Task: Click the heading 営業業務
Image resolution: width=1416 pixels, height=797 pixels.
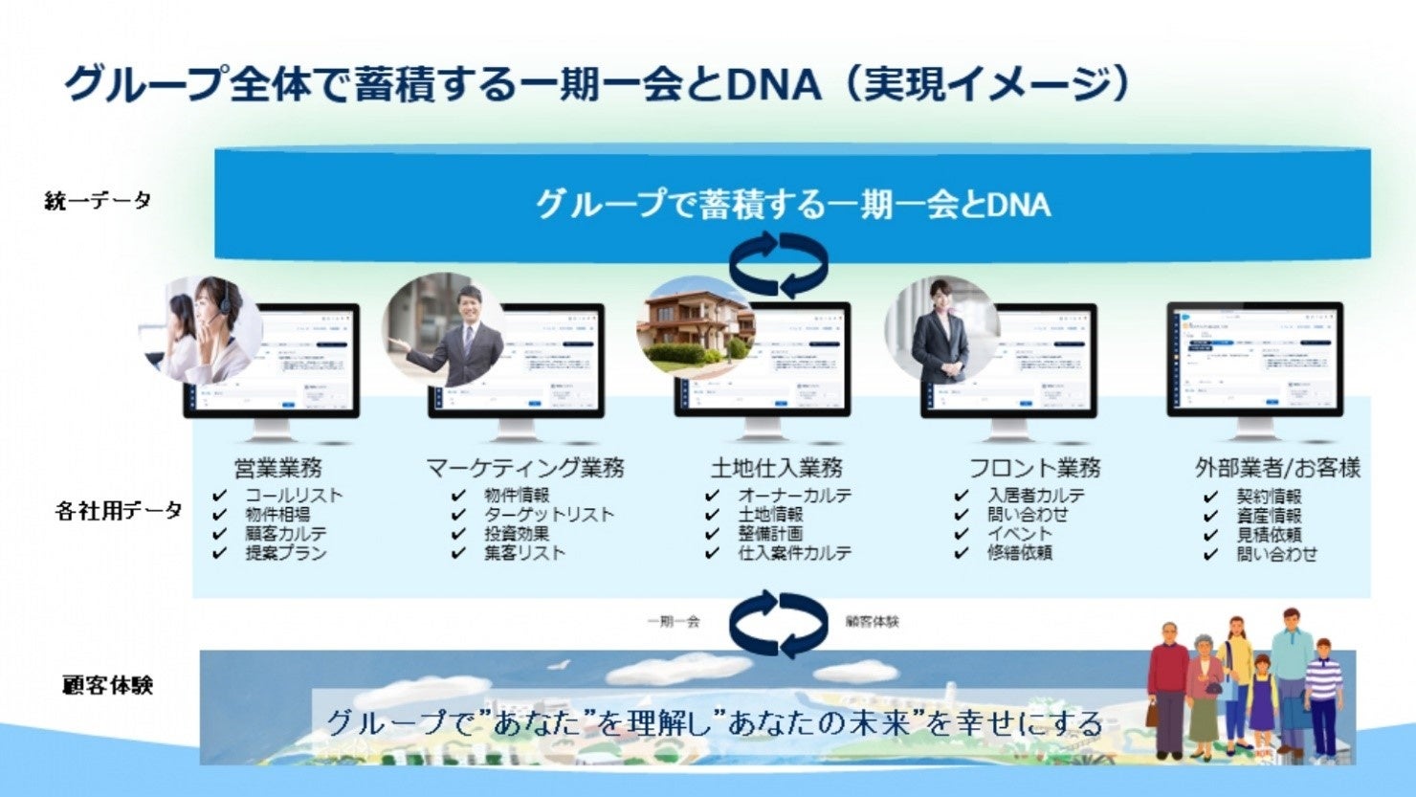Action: pyautogui.click(x=278, y=468)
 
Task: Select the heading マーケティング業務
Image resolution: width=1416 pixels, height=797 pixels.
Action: pyautogui.click(x=524, y=468)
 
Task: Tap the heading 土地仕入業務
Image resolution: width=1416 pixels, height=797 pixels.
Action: pyautogui.click(x=776, y=468)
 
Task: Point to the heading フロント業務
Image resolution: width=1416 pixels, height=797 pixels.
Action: pyautogui.click(x=1034, y=468)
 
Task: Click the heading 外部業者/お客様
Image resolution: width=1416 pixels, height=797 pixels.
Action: pyautogui.click(x=1277, y=468)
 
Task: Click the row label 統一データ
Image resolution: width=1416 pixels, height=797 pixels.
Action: pyautogui.click(x=98, y=201)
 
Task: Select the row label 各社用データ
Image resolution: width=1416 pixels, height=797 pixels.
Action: pyautogui.click(x=119, y=511)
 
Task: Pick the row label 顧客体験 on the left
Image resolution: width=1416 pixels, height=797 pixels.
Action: pyautogui.click(x=107, y=685)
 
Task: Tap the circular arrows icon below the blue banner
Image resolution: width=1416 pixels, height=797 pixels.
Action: pyautogui.click(x=779, y=265)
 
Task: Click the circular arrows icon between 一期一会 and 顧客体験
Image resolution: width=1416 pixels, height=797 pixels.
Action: pyautogui.click(x=779, y=624)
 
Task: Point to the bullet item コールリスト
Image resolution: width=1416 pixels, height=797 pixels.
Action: pyautogui.click(x=293, y=496)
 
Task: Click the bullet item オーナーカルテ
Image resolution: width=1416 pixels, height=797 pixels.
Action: pyautogui.click(x=794, y=496)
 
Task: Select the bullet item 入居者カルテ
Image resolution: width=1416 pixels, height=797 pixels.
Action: pyautogui.click(x=1036, y=496)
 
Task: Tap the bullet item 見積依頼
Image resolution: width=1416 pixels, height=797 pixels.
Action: pyautogui.click(x=1269, y=535)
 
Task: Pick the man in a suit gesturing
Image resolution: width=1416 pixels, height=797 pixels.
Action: pyautogui.click(x=450, y=328)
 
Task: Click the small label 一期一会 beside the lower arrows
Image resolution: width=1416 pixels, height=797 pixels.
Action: pyautogui.click(x=673, y=622)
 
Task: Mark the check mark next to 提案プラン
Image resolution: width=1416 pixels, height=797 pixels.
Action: pyautogui.click(x=220, y=553)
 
